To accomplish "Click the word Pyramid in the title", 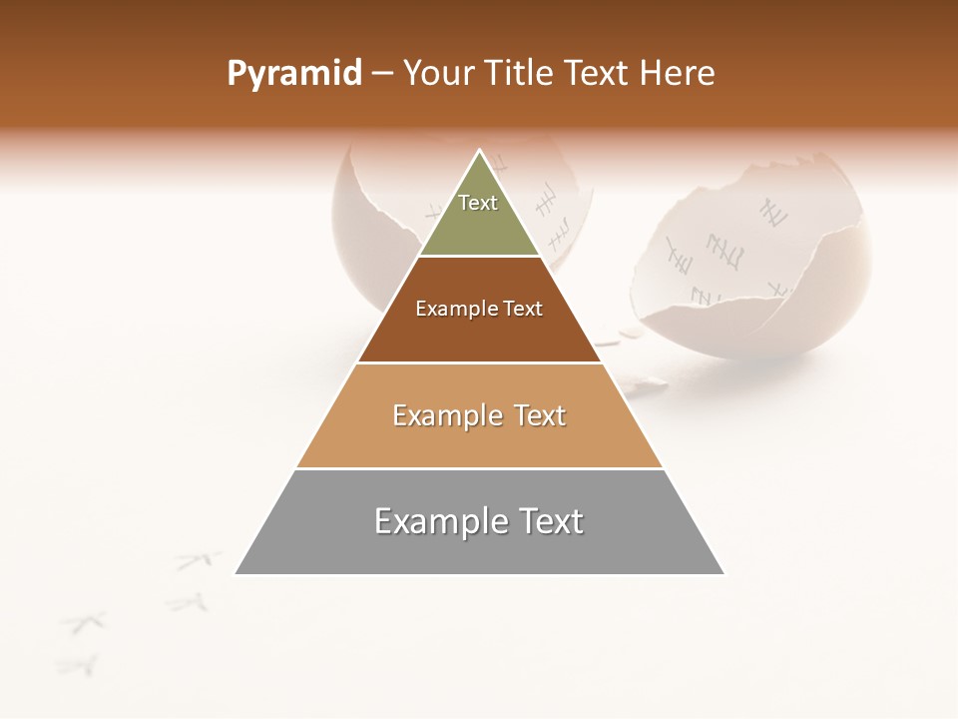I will click(293, 74).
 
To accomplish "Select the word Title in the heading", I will click(525, 74).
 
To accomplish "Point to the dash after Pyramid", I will click(381, 74).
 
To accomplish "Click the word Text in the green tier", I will click(478, 203).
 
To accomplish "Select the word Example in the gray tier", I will click(437, 521).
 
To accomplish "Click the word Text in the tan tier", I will click(540, 415).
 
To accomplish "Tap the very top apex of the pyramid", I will click(480, 152).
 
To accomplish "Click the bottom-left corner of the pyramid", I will click(238, 573).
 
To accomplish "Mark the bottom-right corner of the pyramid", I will click(722, 573).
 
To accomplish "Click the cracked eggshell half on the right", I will click(758, 270).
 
